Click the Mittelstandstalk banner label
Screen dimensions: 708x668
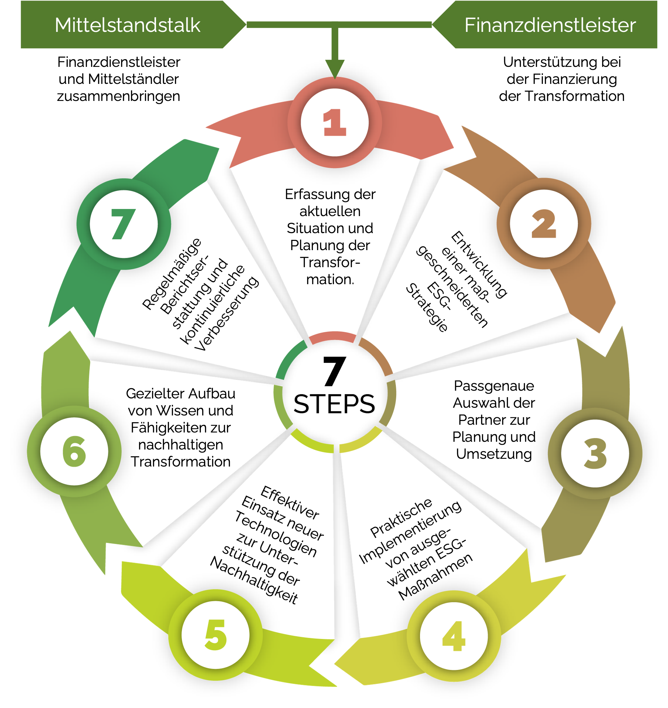127,25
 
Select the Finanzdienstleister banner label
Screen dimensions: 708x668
550,25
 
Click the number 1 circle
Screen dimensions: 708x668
335,122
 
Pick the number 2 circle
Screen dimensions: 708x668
544,223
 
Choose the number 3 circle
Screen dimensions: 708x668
595,453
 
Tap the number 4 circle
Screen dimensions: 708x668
454,636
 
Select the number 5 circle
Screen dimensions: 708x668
215,635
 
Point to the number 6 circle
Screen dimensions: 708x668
74,451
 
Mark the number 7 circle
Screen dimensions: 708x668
124,224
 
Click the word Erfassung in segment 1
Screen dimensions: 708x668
307,195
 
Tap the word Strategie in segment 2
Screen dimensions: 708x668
427,307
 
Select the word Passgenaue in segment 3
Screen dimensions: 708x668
494,386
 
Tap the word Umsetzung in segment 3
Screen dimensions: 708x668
494,454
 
